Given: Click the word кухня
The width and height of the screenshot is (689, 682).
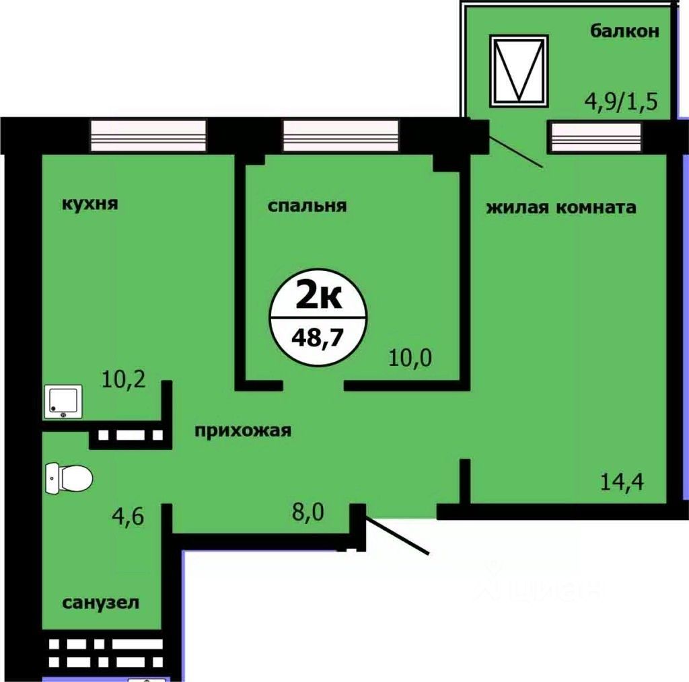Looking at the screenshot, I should pos(89,204).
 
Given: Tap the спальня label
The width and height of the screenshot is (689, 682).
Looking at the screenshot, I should pos(307,206).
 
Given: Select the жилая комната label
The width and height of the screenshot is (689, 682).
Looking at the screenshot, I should pos(560,207).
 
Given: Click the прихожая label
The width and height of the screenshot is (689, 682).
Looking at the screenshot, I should pos(243,430).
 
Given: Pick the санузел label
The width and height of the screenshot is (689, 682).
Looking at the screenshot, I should pos(102,603).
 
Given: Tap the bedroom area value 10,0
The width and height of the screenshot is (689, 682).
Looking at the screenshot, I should pos(410,357).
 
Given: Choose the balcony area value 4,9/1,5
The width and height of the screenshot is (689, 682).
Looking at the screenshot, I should pos(619,104).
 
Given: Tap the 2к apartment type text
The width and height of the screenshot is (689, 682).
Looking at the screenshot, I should pos(317,296).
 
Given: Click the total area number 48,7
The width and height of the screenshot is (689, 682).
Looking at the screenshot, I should pos(317,335).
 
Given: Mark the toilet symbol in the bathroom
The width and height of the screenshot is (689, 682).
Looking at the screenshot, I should pos(69,478).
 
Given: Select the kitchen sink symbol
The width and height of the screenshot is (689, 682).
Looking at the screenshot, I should pos(63,402).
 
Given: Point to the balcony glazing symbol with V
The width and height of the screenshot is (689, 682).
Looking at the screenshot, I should pos(518,70).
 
